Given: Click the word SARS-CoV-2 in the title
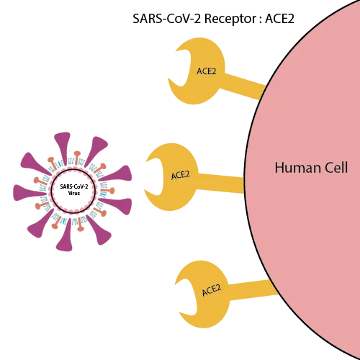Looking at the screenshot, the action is point(166,19).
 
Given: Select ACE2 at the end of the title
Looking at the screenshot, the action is point(279,19).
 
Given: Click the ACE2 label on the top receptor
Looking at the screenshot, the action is point(206,71).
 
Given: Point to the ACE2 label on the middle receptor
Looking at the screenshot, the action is point(181,176).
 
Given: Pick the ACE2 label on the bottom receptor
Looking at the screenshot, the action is point(212,290).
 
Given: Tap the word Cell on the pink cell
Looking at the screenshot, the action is point(336,168).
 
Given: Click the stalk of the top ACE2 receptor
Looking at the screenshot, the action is point(243,86).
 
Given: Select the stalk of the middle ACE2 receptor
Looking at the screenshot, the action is point(220,183).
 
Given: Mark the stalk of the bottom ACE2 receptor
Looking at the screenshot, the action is point(252,290).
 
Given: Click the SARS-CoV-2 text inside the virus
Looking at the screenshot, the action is point(74,186).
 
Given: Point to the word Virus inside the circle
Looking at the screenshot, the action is point(74,193).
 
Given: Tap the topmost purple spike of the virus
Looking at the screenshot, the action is point(63,146).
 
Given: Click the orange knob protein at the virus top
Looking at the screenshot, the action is point(77,158).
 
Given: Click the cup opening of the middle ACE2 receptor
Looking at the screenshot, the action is point(156,177).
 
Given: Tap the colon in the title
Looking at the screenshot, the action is point(261,19).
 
